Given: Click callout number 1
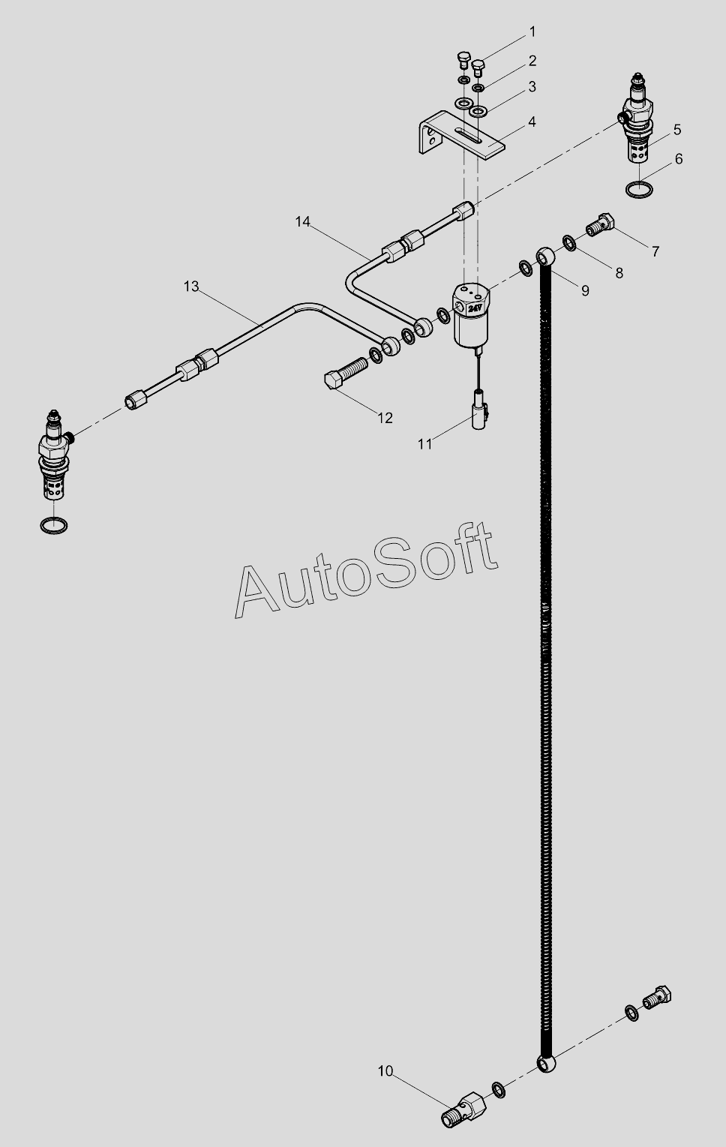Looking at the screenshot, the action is (x=532, y=32).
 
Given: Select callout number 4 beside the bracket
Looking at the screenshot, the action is (x=532, y=122).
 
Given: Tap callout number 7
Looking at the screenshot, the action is (x=655, y=251).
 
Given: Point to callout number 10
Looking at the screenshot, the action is (x=385, y=1071).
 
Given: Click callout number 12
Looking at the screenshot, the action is (x=385, y=418).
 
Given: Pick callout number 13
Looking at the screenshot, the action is (x=191, y=286).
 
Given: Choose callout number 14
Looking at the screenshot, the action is (x=302, y=221).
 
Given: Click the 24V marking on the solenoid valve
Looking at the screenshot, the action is (x=475, y=308).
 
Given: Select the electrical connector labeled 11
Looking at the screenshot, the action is (x=478, y=413).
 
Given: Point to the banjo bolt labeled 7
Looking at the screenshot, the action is (x=600, y=224).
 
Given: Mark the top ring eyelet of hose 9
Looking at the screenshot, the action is (x=546, y=257).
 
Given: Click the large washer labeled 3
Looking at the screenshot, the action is (x=478, y=112).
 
